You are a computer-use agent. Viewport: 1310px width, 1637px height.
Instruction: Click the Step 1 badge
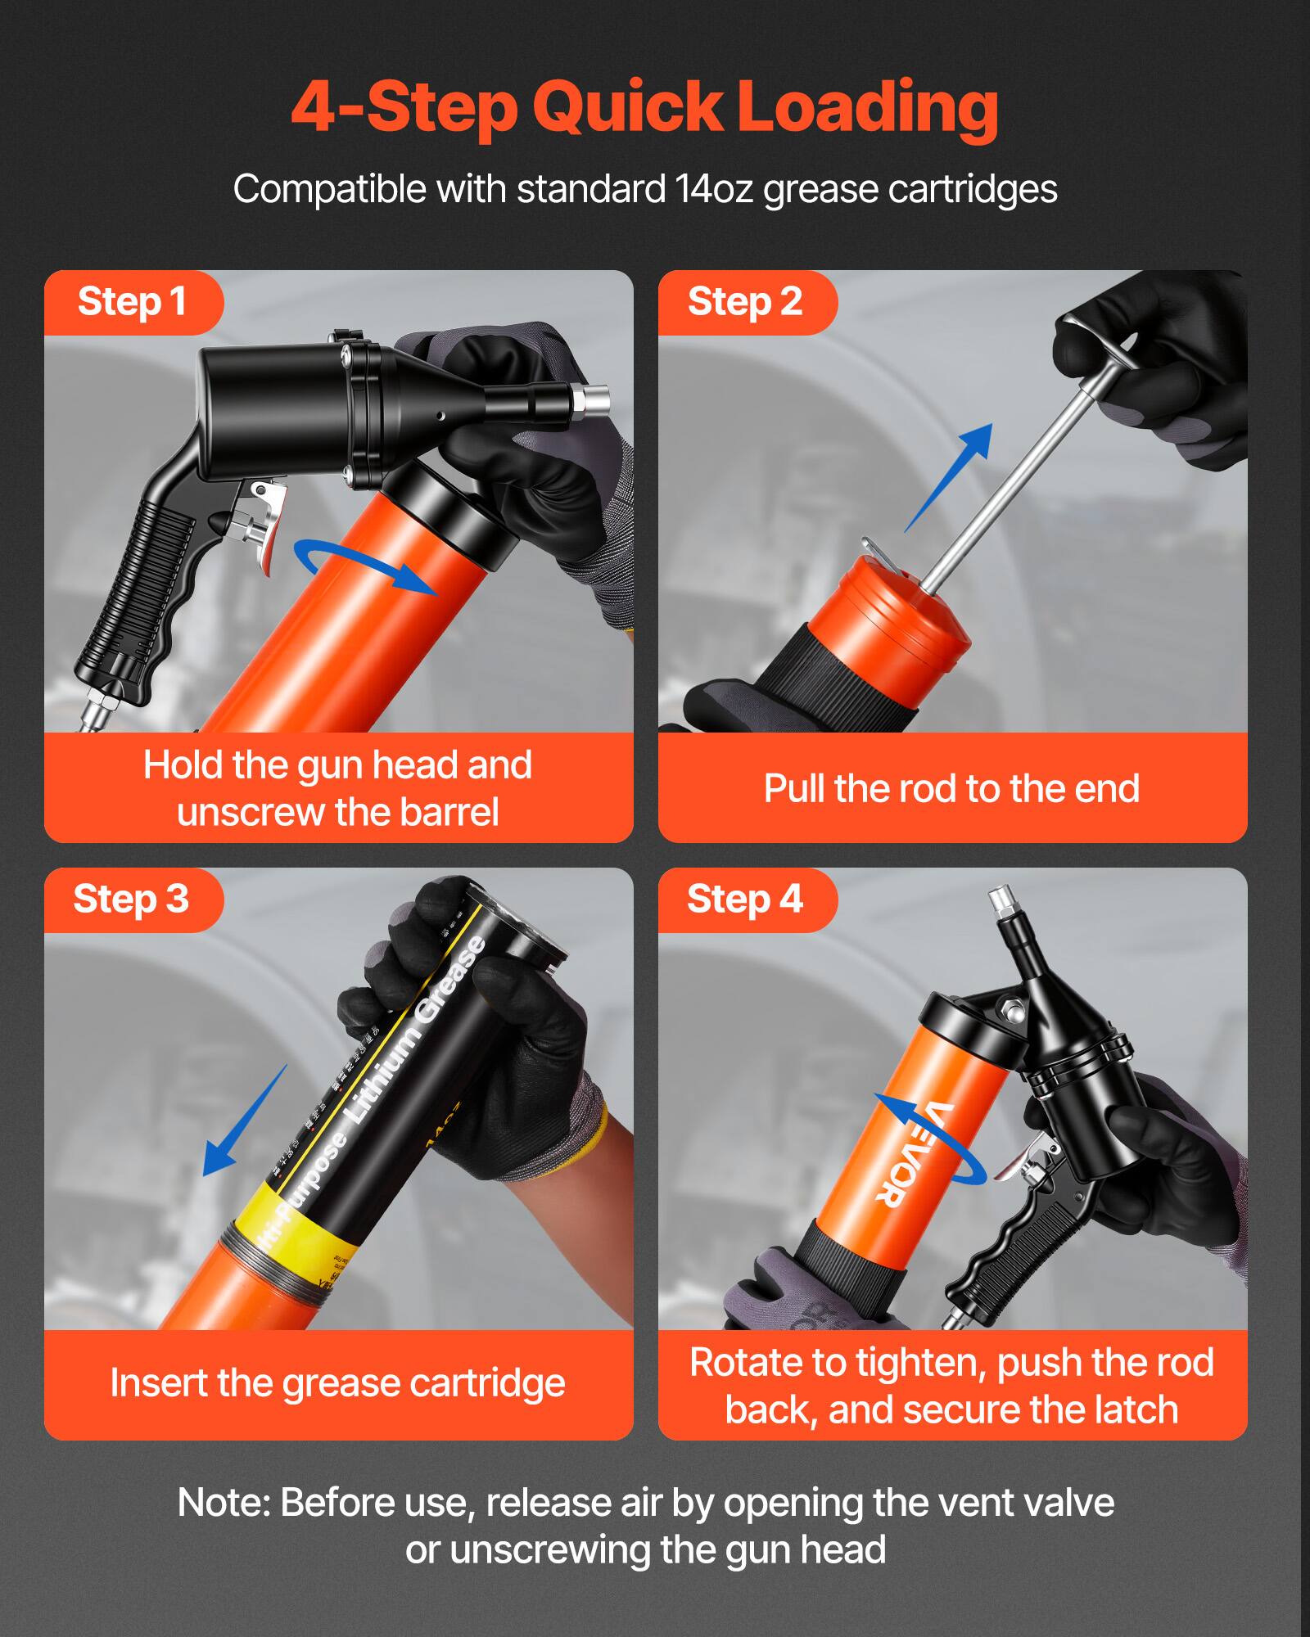tap(132, 302)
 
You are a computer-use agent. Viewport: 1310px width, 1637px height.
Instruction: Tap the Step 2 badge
tap(745, 302)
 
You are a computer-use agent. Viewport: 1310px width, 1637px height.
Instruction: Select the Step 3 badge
tap(131, 900)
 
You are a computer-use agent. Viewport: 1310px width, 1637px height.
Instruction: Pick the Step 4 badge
tap(745, 900)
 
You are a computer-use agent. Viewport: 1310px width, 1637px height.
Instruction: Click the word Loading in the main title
tap(867, 108)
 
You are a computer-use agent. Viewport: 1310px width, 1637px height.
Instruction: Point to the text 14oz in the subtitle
tap(715, 189)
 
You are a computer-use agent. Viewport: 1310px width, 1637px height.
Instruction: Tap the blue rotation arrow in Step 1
tap(364, 565)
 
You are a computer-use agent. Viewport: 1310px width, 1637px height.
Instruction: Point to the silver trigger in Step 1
tap(266, 524)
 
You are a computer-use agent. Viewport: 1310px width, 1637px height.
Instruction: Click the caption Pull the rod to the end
tap(951, 789)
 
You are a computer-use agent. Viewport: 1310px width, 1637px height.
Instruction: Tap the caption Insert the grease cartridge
tap(337, 1383)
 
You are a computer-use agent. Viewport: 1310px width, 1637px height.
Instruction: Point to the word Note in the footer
tap(221, 1503)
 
